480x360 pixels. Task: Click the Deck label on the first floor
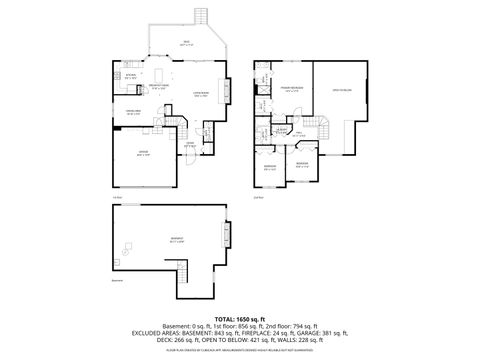[186, 42]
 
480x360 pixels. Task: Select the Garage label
[144, 154]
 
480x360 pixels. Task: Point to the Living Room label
[200, 94]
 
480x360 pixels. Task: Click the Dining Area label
[132, 112]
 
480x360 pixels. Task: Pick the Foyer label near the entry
[189, 144]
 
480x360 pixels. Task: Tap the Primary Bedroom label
[289, 90]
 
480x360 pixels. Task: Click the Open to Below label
[342, 91]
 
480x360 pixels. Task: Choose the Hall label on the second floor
[298, 132]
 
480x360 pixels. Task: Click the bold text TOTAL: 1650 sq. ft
[239, 317]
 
